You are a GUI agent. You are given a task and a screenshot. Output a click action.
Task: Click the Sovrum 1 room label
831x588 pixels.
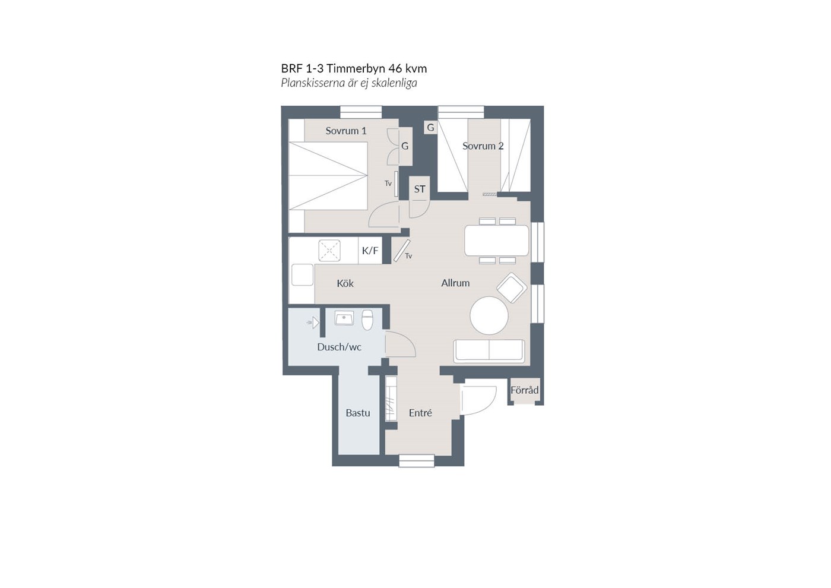[345, 131]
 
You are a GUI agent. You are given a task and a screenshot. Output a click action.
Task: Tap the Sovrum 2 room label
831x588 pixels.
[483, 146]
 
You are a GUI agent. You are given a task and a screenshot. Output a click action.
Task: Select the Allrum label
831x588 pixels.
[455, 283]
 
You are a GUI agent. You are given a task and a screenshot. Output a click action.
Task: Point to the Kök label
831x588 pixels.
[345, 284]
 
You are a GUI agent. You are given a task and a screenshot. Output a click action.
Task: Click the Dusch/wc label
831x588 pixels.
[339, 347]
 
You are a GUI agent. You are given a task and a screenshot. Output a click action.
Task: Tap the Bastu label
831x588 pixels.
[357, 413]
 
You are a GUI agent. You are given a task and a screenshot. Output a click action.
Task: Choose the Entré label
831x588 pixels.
[420, 413]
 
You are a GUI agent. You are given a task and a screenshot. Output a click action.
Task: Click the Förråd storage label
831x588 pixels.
[524, 390]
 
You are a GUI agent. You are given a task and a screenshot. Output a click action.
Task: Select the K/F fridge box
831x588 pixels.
[370, 251]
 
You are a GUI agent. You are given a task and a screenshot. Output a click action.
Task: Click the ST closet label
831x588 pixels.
[420, 189]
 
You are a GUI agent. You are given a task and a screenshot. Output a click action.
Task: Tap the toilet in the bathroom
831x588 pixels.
[367, 320]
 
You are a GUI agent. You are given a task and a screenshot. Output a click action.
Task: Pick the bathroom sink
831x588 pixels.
[344, 318]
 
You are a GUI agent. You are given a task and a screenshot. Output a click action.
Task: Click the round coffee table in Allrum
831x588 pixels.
[489, 316]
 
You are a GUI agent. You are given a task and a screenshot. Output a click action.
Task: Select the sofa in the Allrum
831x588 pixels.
[489, 351]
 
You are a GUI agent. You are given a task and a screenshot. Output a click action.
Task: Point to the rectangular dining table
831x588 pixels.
[497, 241]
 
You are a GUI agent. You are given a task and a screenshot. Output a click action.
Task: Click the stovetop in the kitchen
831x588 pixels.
[329, 250]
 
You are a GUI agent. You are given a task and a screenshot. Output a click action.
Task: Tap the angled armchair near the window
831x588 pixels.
[512, 287]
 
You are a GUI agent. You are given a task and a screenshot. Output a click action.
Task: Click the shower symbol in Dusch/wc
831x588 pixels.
[313, 323]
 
